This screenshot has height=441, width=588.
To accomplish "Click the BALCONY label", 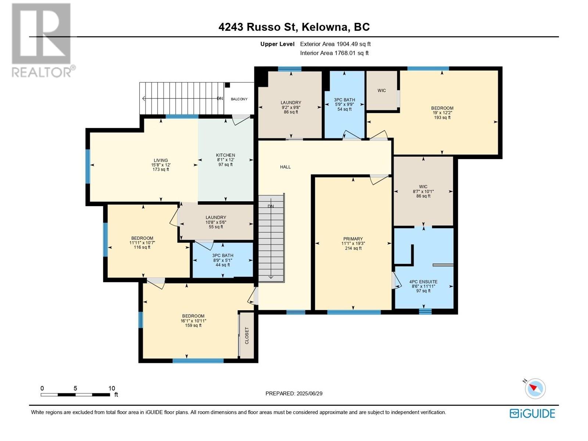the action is click(x=239, y=99).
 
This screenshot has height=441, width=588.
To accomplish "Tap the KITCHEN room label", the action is click(x=226, y=155).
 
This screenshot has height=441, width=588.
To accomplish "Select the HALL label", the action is click(x=285, y=167).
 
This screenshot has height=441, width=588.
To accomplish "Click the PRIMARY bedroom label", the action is click(x=353, y=239).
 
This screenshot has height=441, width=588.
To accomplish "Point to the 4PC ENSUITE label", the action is click(x=423, y=282).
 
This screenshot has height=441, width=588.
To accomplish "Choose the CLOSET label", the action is click(x=247, y=336).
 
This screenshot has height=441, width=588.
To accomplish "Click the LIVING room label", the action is click(x=161, y=160).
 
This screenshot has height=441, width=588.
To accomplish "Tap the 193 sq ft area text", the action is click(x=442, y=117).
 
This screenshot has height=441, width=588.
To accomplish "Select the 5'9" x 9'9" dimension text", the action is click(x=344, y=104).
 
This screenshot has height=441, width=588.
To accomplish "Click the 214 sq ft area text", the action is click(x=353, y=248).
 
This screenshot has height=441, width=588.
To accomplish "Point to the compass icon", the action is click(x=535, y=388).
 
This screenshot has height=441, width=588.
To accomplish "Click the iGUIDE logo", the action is click(x=532, y=414).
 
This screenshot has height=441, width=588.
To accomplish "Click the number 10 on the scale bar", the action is click(x=111, y=388).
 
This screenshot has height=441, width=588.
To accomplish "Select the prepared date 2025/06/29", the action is click(x=309, y=394).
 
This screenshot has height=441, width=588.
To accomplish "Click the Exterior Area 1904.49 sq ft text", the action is click(x=336, y=44).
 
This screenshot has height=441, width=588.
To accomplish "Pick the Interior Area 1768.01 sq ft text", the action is click(x=334, y=53).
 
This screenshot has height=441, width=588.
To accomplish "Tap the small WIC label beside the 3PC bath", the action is click(x=381, y=90).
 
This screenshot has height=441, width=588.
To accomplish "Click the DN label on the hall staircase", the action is click(x=270, y=206).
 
